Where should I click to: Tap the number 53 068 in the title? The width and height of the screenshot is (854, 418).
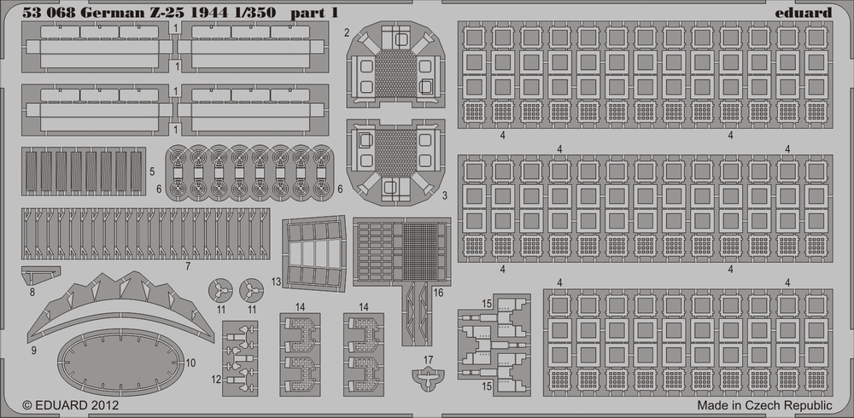click(50, 13)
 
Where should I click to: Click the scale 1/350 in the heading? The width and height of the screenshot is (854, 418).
click(255, 13)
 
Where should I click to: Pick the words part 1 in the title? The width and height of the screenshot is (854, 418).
click(313, 13)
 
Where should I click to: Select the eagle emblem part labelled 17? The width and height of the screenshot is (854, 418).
click(428, 377)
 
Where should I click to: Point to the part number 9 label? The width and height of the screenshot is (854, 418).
click(34, 351)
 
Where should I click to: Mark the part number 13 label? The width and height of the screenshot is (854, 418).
click(276, 282)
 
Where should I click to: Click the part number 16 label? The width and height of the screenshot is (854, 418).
click(438, 293)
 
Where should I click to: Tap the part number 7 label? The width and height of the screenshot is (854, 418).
click(188, 266)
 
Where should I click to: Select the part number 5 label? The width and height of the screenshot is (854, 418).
click(152, 171)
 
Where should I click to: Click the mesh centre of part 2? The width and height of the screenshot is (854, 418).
click(396, 73)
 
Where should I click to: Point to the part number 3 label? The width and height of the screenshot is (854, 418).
click(444, 194)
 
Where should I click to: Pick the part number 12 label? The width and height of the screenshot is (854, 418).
click(216, 380)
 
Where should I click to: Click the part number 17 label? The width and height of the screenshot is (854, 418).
click(428, 360)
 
